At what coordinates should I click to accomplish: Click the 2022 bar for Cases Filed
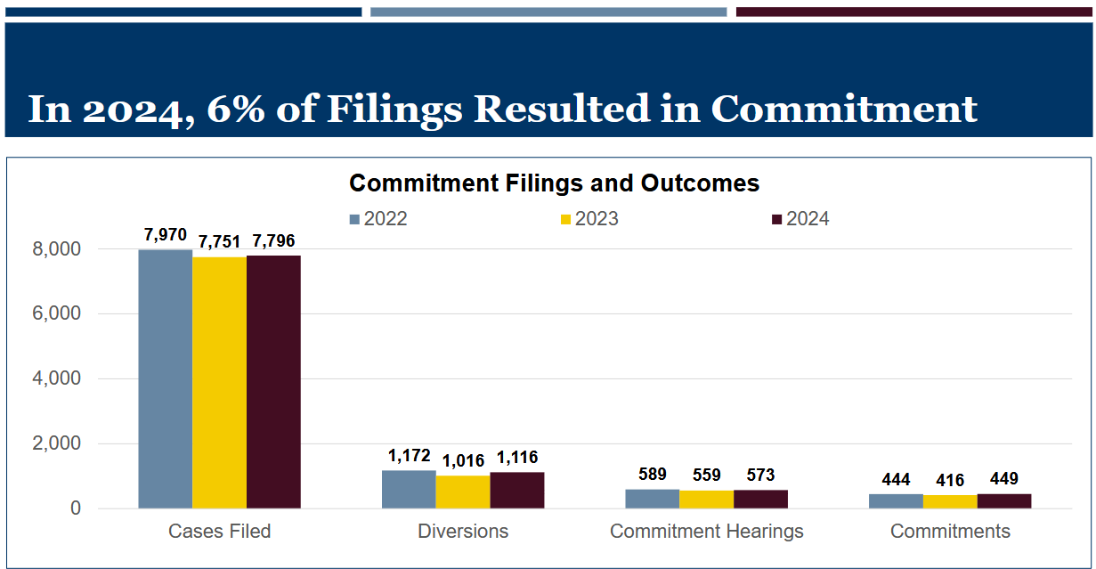(165, 379)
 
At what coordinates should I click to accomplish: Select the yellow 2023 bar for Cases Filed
(219, 383)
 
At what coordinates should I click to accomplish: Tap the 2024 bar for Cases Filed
(273, 382)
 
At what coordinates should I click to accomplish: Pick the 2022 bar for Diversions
(409, 490)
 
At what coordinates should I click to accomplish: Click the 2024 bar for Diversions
(517, 491)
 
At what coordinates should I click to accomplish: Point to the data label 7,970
(165, 235)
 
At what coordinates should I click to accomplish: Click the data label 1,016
(463, 460)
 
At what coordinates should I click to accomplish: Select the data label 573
(760, 475)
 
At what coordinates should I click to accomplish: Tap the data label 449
(1003, 479)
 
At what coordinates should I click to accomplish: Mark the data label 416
(949, 480)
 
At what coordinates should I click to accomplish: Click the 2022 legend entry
(378, 219)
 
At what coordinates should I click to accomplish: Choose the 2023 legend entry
(589, 219)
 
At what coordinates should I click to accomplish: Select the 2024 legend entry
(800, 219)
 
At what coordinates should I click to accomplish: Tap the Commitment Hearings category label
(706, 532)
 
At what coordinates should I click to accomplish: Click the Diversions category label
(463, 532)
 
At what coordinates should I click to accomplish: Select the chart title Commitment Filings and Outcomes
(554, 183)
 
